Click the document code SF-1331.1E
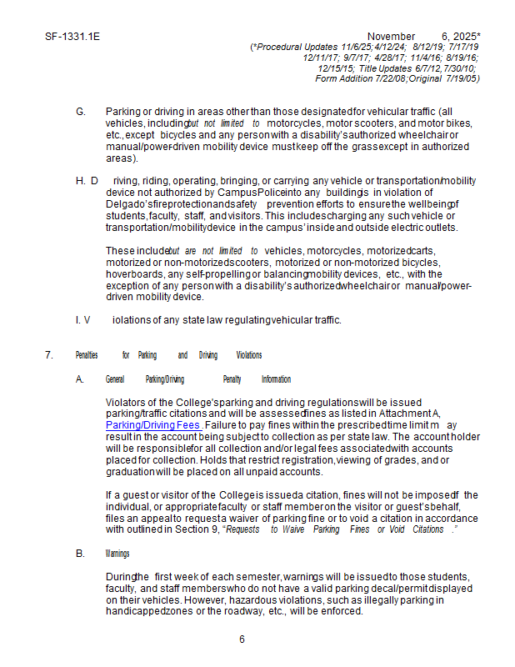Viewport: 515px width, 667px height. [x=67, y=37]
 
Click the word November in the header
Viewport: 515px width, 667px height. [x=391, y=37]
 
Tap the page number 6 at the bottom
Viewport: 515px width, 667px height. [x=242, y=639]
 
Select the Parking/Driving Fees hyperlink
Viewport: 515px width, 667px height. [x=152, y=424]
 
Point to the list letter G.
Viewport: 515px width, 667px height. [x=80, y=112]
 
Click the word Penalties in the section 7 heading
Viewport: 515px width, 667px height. [x=87, y=355]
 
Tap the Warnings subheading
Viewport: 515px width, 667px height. [x=117, y=554]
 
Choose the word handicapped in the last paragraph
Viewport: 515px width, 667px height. [x=134, y=611]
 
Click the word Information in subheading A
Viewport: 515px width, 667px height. [x=276, y=379]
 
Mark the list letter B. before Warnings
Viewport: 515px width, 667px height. [x=80, y=554]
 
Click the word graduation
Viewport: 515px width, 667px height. [x=132, y=471]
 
